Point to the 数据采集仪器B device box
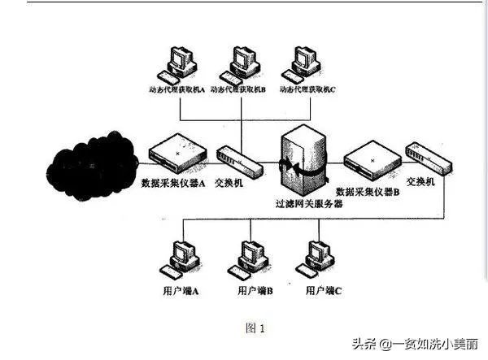[370, 156]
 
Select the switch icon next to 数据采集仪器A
[239, 160]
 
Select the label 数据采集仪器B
[368, 193]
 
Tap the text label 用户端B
[253, 290]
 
